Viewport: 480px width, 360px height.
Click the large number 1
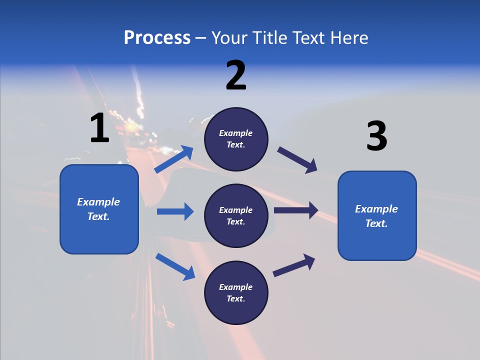click(99, 128)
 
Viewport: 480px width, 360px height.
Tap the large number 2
click(236, 75)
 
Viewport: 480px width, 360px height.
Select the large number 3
click(376, 136)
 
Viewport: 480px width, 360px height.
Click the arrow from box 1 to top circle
click(174, 159)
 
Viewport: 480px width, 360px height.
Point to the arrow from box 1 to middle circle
click(175, 211)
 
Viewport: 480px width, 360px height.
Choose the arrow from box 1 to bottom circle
click(175, 266)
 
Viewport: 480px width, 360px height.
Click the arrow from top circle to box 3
click(297, 159)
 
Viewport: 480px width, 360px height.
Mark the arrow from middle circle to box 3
click(296, 210)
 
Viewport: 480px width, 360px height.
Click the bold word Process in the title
click(157, 37)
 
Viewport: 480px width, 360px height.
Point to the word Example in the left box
click(98, 202)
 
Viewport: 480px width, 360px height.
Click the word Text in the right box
click(375, 223)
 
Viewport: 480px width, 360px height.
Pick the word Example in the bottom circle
click(236, 287)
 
